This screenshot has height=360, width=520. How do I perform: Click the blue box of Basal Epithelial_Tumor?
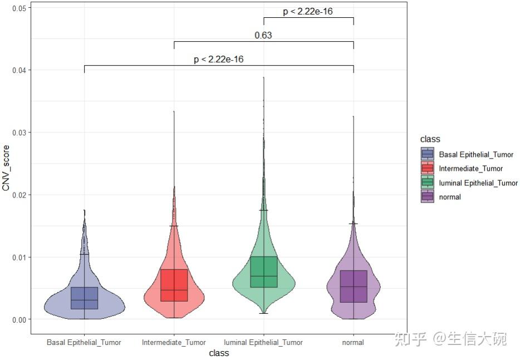click(84, 298)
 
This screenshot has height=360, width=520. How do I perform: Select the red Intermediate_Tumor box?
click(174, 285)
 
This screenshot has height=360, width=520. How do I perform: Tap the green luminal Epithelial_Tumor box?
click(264, 272)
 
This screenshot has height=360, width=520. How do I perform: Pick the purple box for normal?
click(354, 287)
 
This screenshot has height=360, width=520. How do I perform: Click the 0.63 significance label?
click(263, 35)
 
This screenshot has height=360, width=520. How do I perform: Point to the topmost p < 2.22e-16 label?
click(308, 12)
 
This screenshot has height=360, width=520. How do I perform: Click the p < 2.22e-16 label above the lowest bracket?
click(219, 60)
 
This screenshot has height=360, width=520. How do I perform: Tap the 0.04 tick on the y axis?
click(19, 70)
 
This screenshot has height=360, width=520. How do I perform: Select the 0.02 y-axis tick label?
click(19, 195)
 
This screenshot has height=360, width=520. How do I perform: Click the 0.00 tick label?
click(19, 320)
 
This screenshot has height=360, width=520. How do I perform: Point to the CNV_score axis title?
click(6, 168)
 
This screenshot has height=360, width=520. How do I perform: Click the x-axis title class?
click(219, 353)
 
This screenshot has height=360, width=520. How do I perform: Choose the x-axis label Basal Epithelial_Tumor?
click(84, 342)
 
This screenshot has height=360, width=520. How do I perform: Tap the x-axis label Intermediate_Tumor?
click(174, 342)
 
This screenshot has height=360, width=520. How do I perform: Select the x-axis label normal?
click(353, 342)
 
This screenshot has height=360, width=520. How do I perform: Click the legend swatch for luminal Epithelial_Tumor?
click(428, 182)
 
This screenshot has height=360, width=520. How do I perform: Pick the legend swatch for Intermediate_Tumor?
click(428, 167)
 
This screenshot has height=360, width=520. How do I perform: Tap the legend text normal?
click(450, 197)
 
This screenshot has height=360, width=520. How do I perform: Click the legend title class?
click(430, 139)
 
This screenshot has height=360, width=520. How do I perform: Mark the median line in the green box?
click(264, 276)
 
